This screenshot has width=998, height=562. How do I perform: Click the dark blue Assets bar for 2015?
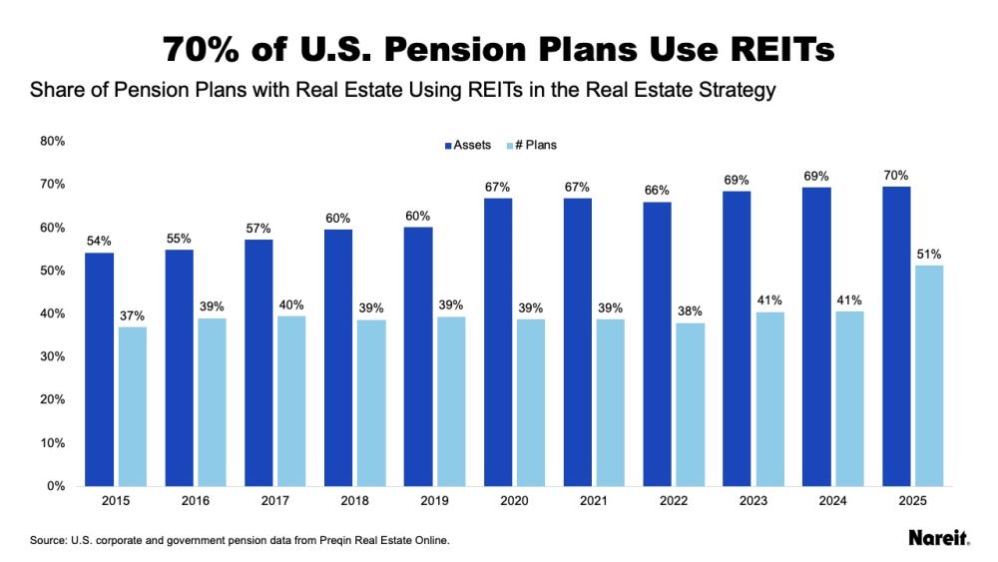pyautogui.click(x=99, y=369)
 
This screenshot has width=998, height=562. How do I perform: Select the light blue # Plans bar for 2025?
pyautogui.click(x=929, y=375)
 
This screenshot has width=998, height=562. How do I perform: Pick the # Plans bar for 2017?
pyautogui.click(x=291, y=400)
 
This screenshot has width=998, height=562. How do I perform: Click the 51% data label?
pyautogui.click(x=930, y=254)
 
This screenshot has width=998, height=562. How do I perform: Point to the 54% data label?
pyautogui.click(x=99, y=242)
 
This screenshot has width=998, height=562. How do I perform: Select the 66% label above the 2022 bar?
pyautogui.click(x=657, y=190)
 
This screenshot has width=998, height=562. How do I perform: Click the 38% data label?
pyautogui.click(x=690, y=310)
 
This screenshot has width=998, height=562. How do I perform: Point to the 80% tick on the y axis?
pyautogui.click(x=52, y=142)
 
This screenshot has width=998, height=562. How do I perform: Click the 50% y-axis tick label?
pyautogui.click(x=52, y=271)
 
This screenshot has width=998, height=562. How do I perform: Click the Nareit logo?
pyautogui.click(x=938, y=538)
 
